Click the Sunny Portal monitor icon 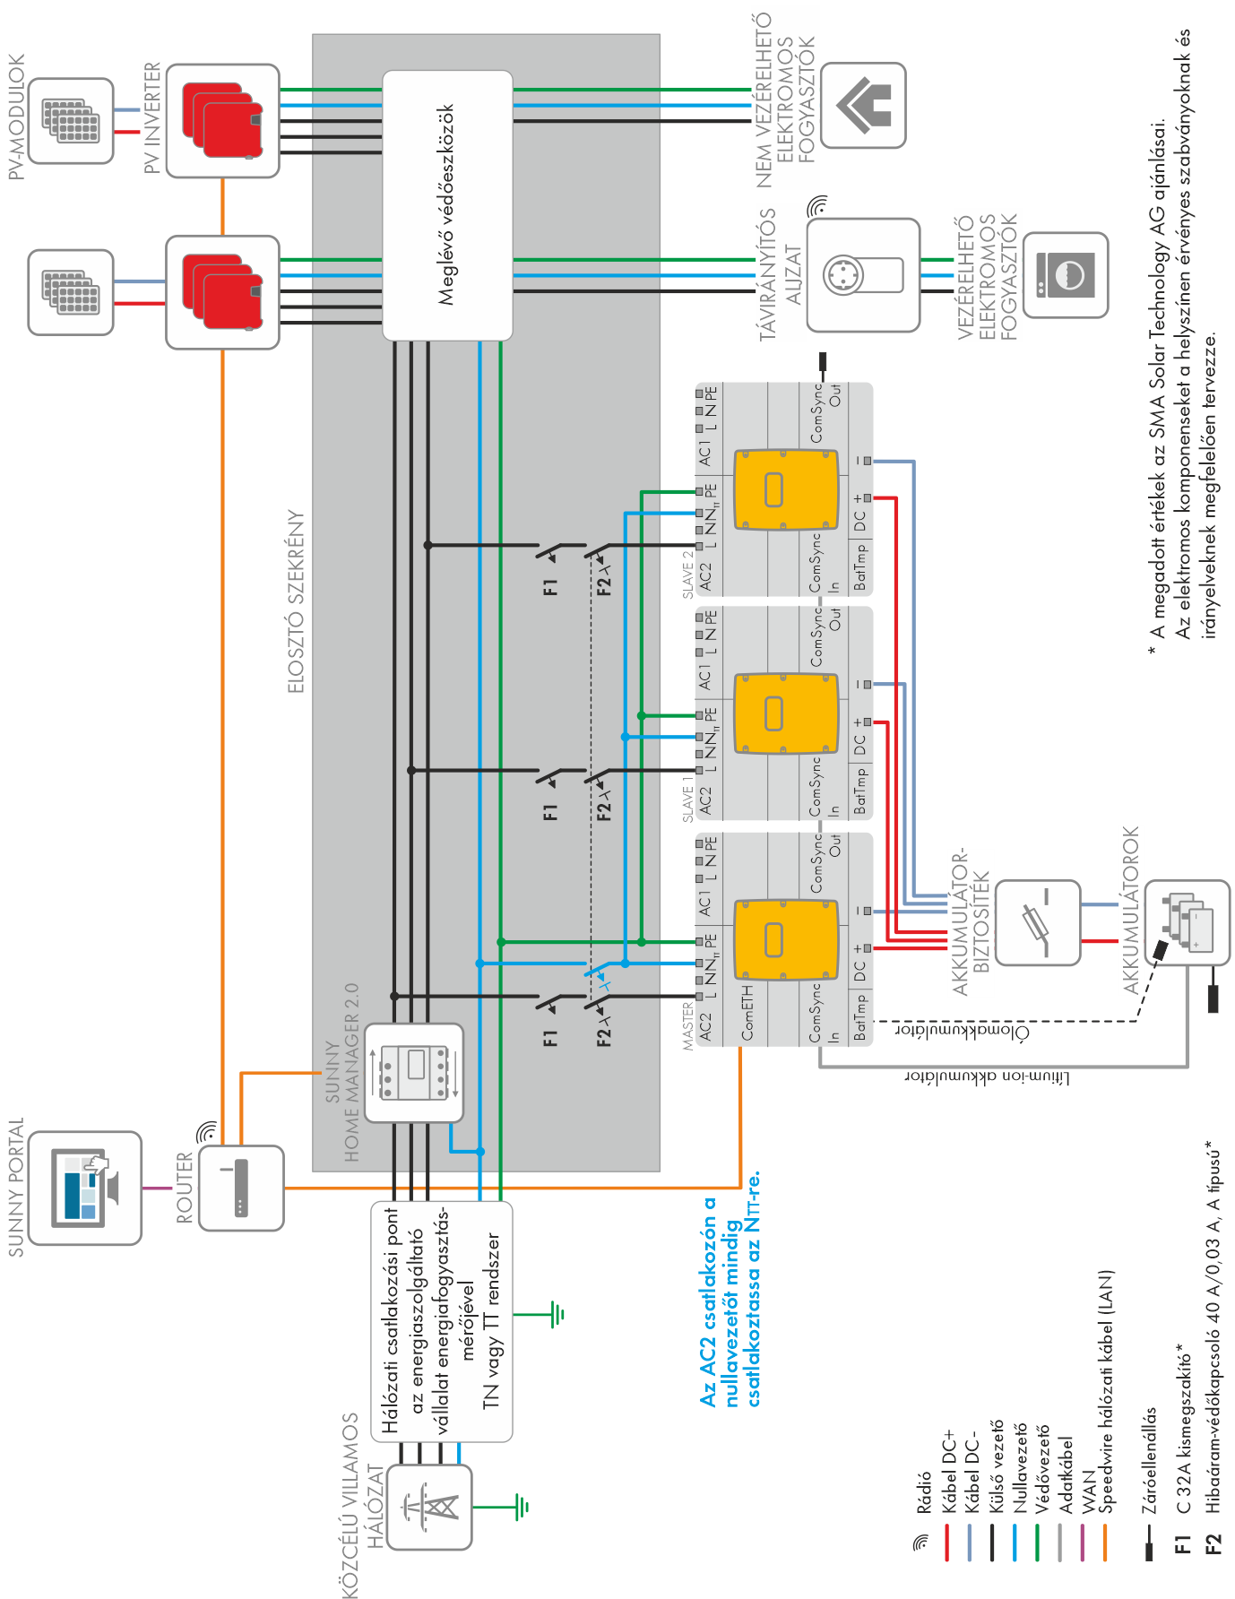85,1188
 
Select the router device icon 240,1188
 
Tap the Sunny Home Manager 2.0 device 414,1073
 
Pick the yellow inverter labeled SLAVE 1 786,713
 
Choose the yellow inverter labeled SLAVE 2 786,489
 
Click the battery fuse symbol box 1038,921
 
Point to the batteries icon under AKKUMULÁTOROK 1188,921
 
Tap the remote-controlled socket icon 862,274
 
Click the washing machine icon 1065,274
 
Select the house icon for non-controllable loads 862,105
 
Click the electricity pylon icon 428,1507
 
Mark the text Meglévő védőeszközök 445,204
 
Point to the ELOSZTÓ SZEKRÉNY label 297,601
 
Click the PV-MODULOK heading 16,116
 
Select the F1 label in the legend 1183,1543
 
